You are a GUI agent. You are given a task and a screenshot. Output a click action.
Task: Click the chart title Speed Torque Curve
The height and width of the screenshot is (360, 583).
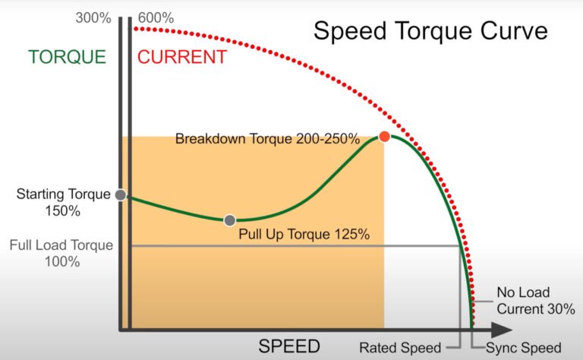click(430, 32)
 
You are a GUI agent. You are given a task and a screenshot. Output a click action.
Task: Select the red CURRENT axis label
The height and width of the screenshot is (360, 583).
click(181, 57)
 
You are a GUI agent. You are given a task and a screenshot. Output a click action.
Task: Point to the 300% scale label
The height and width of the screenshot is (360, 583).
click(93, 17)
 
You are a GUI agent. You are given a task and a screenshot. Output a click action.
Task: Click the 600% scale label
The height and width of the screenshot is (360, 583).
click(156, 17)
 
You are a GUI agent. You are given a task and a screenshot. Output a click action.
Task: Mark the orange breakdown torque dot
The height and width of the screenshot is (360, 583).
click(384, 137)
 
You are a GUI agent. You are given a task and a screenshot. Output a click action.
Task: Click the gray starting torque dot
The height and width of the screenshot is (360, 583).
click(120, 194)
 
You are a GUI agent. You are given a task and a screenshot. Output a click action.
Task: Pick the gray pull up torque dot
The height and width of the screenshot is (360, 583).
click(230, 220)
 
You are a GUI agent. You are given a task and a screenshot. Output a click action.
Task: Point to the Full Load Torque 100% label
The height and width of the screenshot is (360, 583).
click(61, 254)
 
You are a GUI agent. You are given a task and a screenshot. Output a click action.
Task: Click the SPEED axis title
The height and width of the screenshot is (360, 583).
click(289, 346)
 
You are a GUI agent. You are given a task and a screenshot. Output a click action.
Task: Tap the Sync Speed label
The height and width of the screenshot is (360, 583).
click(524, 348)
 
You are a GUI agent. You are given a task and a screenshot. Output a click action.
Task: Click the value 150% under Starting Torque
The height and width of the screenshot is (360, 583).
click(64, 212)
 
